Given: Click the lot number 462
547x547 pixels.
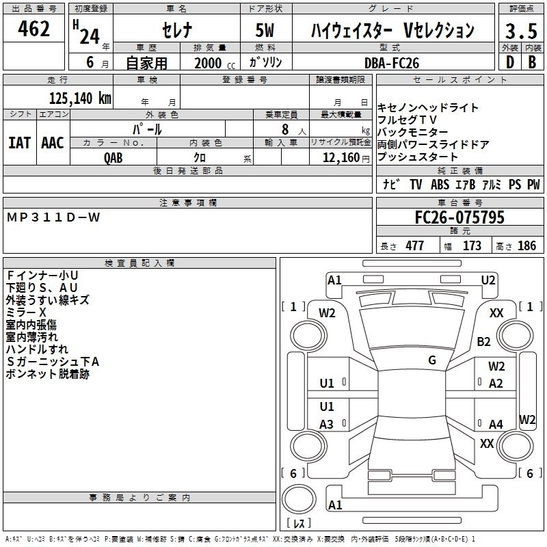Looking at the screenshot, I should [x=36, y=30].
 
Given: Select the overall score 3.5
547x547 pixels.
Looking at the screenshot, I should [x=520, y=31].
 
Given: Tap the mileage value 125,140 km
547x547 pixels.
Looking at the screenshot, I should [x=79, y=98].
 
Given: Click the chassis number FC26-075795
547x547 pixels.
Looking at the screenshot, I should [x=459, y=217].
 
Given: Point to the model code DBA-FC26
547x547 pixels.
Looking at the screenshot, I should [x=392, y=63].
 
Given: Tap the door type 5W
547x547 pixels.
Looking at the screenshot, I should [x=267, y=31].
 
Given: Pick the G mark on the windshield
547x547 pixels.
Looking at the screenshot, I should [x=432, y=360].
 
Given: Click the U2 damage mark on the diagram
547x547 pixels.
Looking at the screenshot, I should [x=488, y=280].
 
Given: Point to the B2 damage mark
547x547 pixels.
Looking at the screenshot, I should [x=484, y=341].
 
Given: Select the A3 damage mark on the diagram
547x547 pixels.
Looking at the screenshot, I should [x=327, y=425].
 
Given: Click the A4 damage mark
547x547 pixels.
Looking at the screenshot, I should [x=496, y=425].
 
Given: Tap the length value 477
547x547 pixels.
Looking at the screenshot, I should [x=414, y=246].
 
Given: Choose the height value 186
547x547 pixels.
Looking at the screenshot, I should [x=527, y=246].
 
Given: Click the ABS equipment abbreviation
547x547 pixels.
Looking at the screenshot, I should [x=441, y=185].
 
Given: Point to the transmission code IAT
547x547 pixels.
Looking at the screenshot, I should [x=20, y=143].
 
